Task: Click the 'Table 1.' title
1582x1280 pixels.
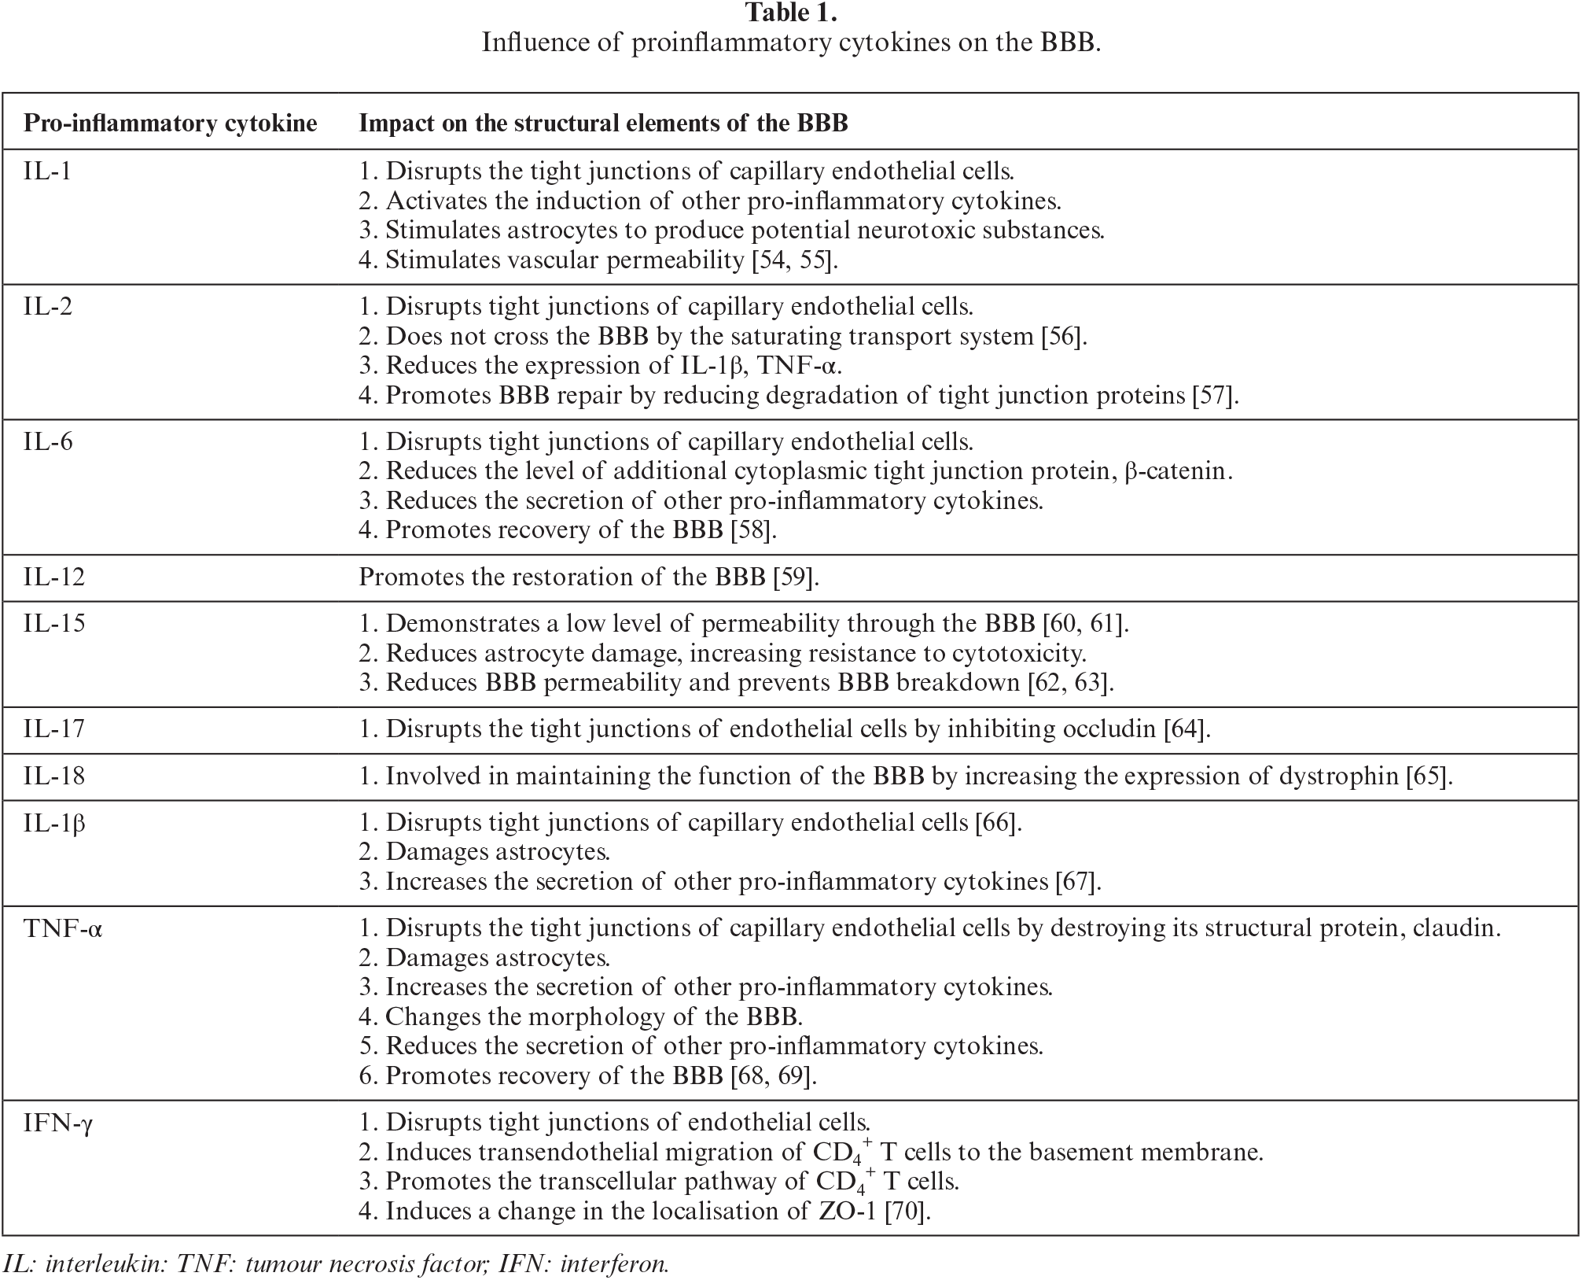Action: (790, 13)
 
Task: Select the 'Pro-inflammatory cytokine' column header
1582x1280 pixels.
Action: (171, 124)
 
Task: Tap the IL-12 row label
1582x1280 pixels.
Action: (54, 577)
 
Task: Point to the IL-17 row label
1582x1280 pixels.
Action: (54, 729)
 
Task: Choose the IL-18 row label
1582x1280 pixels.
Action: (54, 776)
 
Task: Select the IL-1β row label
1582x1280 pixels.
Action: (54, 823)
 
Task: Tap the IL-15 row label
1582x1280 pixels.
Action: (54, 624)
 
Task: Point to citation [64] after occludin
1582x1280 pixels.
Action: (1185, 729)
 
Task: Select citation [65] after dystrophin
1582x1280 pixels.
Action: (1426, 776)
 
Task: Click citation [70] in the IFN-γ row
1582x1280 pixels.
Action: (907, 1211)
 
